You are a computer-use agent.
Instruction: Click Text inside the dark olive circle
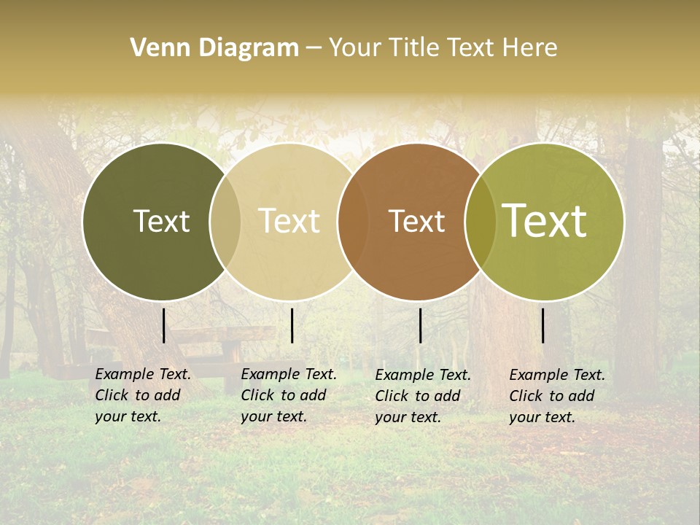(161, 221)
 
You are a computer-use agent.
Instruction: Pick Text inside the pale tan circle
(289, 221)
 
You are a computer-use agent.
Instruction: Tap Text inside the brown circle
(416, 221)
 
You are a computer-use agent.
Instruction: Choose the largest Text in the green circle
(545, 220)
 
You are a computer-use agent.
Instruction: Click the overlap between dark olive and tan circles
(225, 222)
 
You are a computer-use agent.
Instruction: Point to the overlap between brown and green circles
(481, 222)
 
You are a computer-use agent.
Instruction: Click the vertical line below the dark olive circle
(163, 325)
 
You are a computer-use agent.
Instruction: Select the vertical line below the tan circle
(292, 325)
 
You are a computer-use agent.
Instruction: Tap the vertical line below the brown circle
(420, 325)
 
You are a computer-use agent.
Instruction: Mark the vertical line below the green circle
(543, 325)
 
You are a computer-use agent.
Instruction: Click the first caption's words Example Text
(143, 374)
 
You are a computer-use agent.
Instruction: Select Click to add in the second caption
(283, 395)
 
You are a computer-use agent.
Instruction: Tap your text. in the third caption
(408, 417)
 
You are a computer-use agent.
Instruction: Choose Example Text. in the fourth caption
(557, 375)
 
